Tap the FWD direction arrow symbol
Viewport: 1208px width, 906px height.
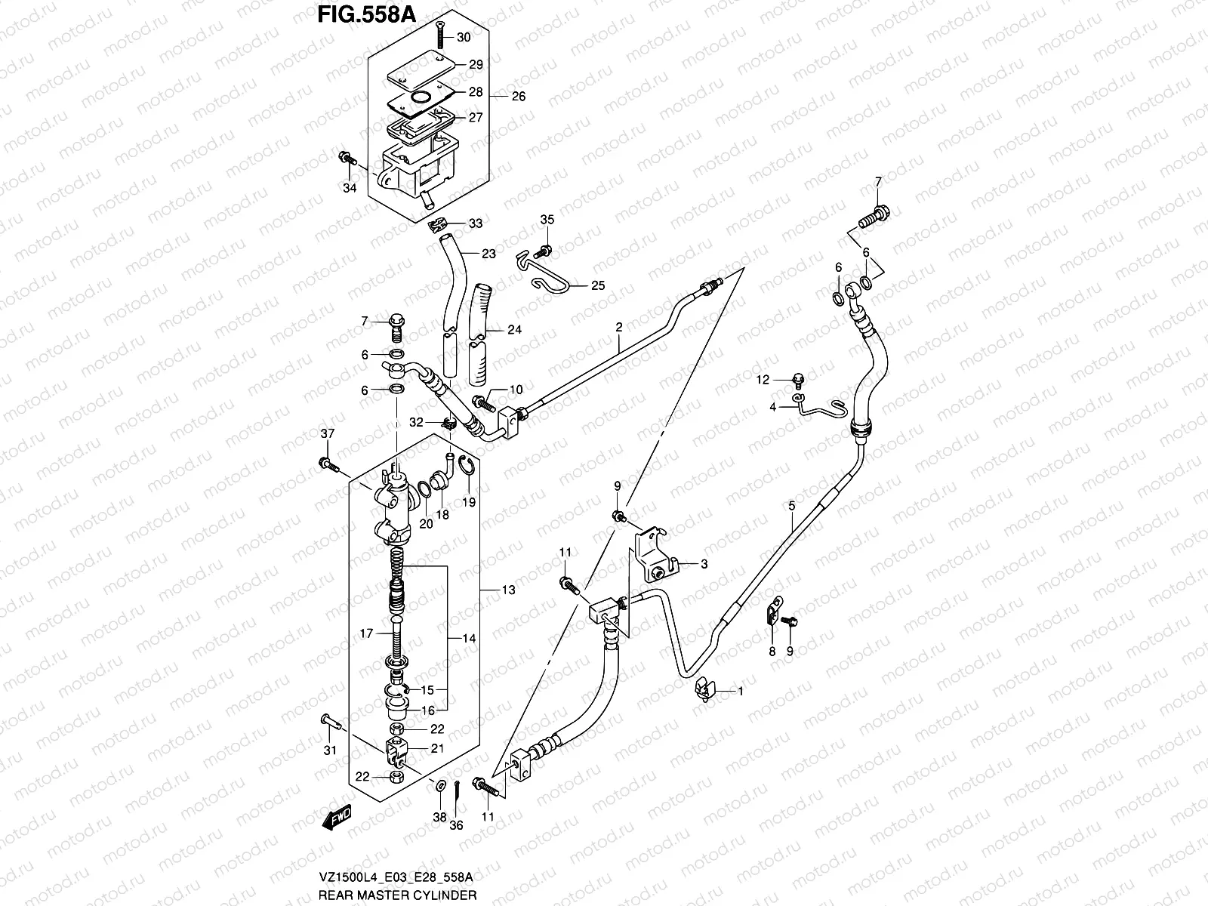pyautogui.click(x=337, y=816)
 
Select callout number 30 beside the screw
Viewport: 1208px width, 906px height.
pyautogui.click(x=464, y=38)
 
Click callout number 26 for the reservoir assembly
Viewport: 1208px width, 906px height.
pyautogui.click(x=518, y=97)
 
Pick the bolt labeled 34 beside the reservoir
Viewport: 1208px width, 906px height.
pyautogui.click(x=347, y=159)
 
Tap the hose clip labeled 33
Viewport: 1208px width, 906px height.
pyautogui.click(x=438, y=224)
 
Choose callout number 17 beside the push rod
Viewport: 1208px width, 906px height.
pyautogui.click(x=366, y=634)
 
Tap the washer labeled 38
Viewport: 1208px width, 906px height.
pyautogui.click(x=439, y=788)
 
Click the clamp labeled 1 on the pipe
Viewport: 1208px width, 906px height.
pyautogui.click(x=705, y=689)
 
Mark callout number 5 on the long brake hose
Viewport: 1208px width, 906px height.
pyautogui.click(x=791, y=506)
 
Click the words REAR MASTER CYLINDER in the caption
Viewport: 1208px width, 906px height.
pyautogui.click(x=397, y=895)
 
